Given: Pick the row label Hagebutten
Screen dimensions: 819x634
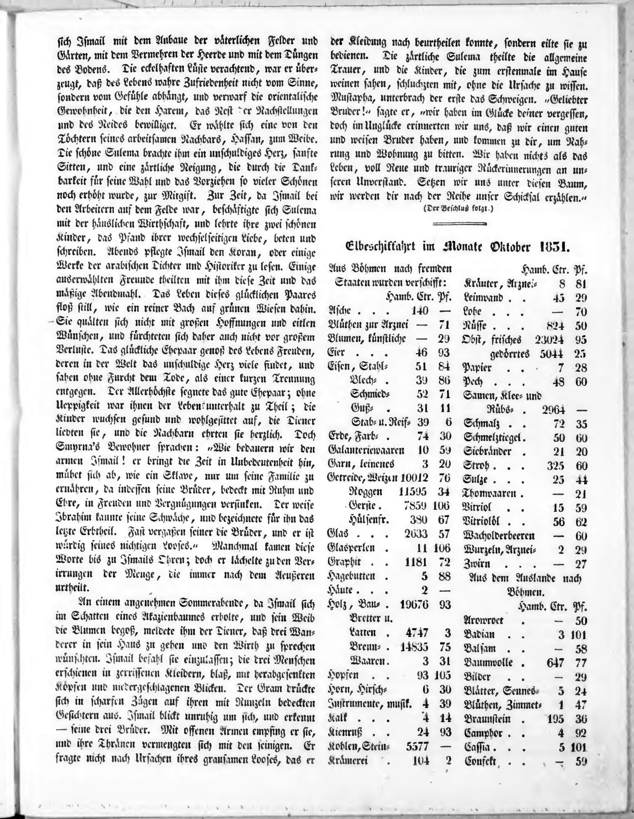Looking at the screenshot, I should (351, 576).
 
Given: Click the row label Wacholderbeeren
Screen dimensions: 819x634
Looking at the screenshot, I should (499, 536).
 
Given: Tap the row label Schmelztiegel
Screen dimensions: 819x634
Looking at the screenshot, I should (494, 438).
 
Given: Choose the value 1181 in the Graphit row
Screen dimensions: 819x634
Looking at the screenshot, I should (416, 562).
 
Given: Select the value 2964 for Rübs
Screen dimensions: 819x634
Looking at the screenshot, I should (553, 410).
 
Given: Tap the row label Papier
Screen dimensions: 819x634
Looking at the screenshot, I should (478, 368).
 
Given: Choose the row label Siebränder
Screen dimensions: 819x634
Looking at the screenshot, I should (487, 451).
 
